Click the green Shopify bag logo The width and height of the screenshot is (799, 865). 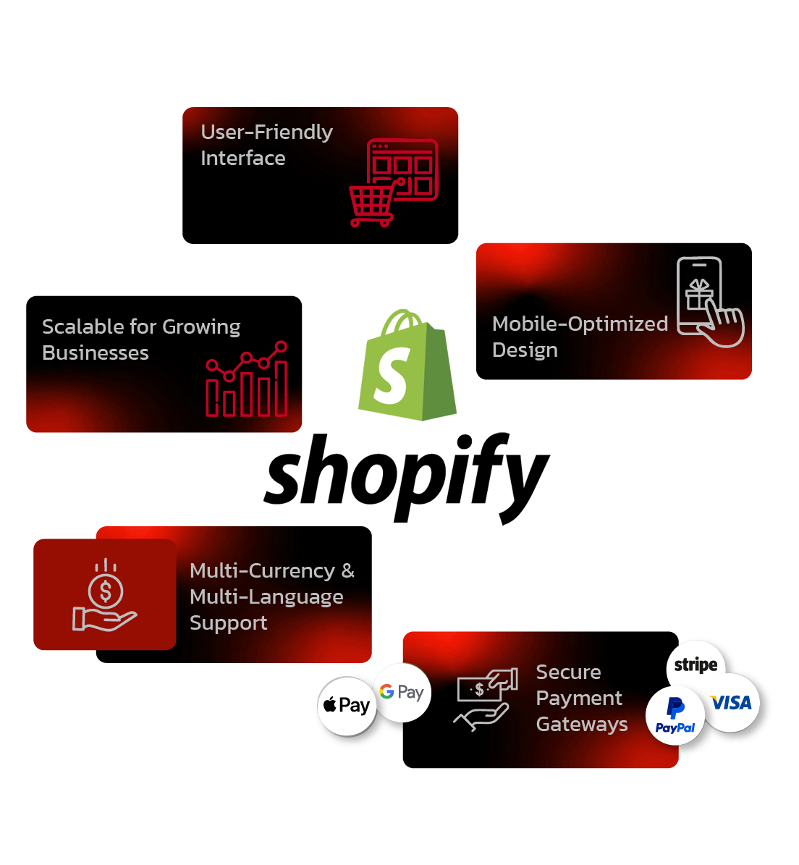[x=407, y=365]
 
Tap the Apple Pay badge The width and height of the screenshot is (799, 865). [x=347, y=705]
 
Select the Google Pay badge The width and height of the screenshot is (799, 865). [x=402, y=692]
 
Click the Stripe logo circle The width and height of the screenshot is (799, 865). [x=696, y=664]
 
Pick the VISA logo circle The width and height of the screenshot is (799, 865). [x=731, y=702]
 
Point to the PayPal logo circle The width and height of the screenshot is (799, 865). [x=675, y=716]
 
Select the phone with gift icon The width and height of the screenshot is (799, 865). [x=708, y=303]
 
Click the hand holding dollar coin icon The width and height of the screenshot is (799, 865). [x=105, y=596]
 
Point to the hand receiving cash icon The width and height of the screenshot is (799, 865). [x=486, y=699]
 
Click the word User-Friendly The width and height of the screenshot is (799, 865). [x=266, y=132]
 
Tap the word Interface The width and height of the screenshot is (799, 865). [x=243, y=159]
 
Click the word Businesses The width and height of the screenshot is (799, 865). [x=96, y=353]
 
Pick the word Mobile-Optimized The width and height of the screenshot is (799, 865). [x=580, y=324]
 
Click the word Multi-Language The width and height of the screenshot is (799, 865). [x=266, y=597]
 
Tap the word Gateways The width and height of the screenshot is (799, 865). [x=582, y=725]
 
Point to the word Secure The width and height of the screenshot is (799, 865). [x=568, y=672]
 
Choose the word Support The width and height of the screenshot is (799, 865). [x=228, y=623]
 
